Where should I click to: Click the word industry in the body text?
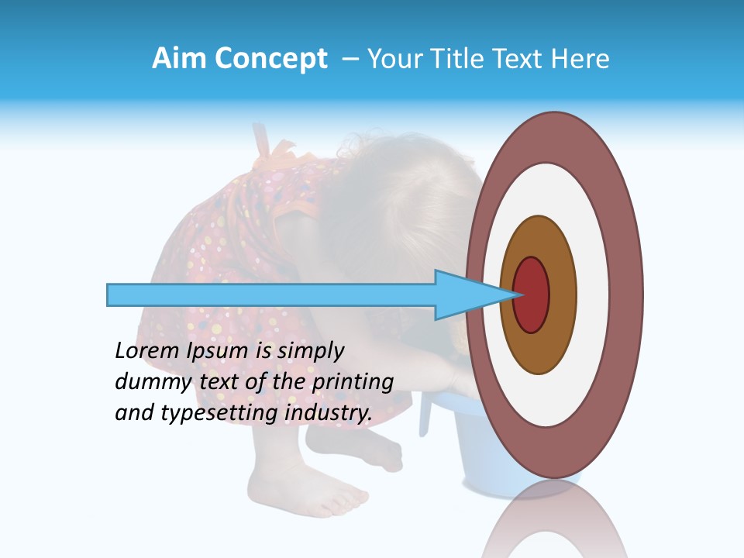pos(329,413)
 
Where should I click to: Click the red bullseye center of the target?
pos(532,295)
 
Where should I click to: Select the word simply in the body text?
pos(310,351)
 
